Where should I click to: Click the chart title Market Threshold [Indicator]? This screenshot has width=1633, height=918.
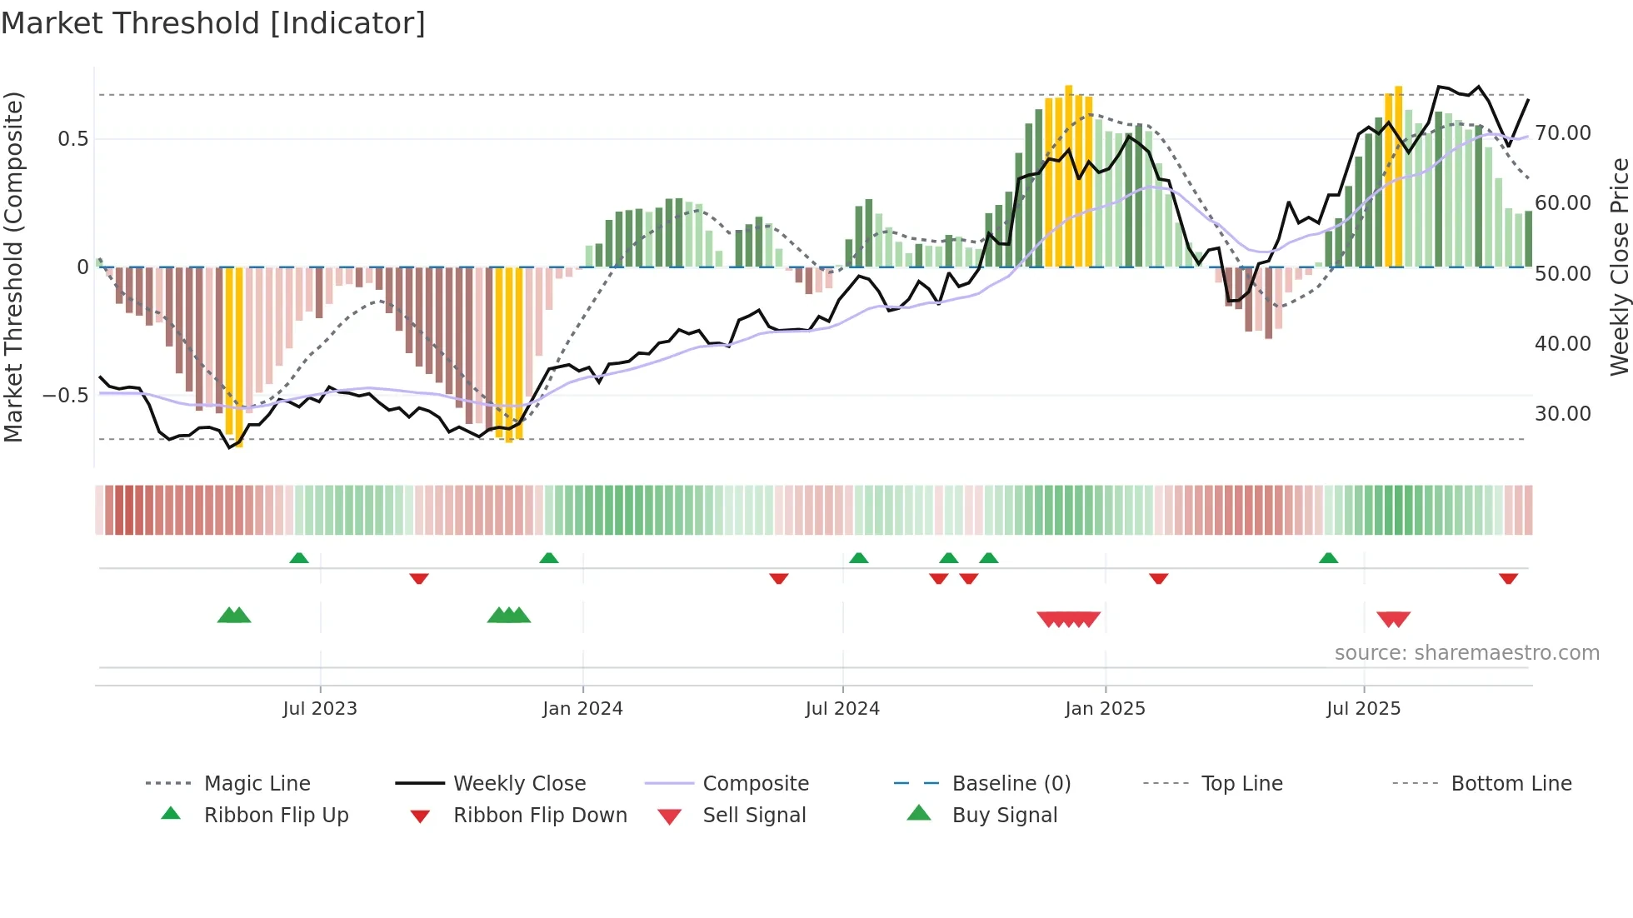pyautogui.click(x=213, y=23)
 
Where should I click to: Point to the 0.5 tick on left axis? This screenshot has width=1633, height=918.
pyautogui.click(x=72, y=139)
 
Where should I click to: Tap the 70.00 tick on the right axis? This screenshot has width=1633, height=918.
pyautogui.click(x=1562, y=133)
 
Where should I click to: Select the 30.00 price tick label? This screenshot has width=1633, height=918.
pyautogui.click(x=1562, y=414)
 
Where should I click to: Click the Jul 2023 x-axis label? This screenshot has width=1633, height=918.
pyautogui.click(x=320, y=709)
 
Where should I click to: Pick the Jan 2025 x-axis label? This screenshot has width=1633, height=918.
pyautogui.click(x=1105, y=709)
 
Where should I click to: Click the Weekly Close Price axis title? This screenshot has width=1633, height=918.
pyautogui.click(x=1619, y=267)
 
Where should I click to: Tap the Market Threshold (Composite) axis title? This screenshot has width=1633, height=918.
pyautogui.click(x=13, y=267)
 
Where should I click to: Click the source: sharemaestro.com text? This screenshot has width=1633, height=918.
pyautogui.click(x=1466, y=653)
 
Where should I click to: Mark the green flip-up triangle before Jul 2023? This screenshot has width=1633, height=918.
pyautogui.click(x=299, y=558)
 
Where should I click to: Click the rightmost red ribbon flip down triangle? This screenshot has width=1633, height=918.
pyautogui.click(x=1508, y=578)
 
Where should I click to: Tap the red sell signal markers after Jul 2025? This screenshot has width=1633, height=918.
pyautogui.click(x=1393, y=619)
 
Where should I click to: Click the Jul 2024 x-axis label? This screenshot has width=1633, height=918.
pyautogui.click(x=842, y=709)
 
